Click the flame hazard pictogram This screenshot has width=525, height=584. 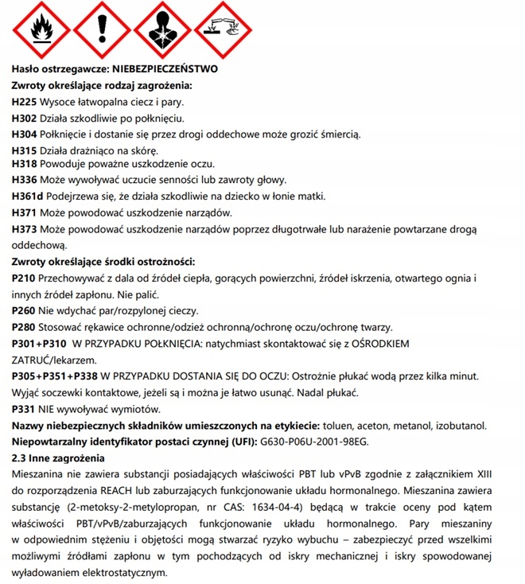tap(38, 29)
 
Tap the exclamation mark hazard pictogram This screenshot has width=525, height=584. tap(101, 29)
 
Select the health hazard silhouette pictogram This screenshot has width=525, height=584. tap(162, 29)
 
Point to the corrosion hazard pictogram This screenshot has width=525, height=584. tap(224, 29)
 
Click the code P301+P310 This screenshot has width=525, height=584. tap(39, 344)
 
